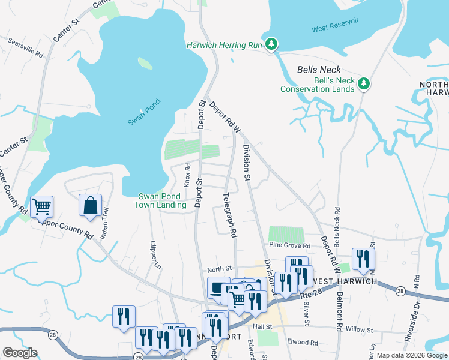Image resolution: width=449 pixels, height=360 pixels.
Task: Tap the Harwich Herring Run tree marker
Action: pos(272,44)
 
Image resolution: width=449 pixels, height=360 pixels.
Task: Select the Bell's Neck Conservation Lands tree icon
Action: pos(363,83)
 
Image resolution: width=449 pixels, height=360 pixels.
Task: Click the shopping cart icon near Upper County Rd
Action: pos(42,207)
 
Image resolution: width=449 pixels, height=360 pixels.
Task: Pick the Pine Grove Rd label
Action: pos(290,245)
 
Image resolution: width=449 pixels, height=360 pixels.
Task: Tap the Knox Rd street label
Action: pos(187,175)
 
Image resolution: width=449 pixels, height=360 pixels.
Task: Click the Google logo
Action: pos(20,353)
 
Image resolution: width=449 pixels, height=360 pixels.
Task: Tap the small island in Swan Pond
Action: pos(145,62)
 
